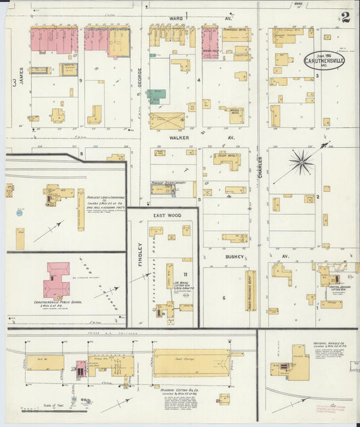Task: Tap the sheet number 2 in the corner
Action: click(x=345, y=18)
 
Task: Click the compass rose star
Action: click(x=301, y=162)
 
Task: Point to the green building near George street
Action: click(x=157, y=96)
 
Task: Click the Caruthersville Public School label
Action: click(x=57, y=302)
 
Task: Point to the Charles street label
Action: click(x=260, y=166)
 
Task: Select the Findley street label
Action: click(x=140, y=255)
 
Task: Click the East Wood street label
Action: click(x=167, y=216)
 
